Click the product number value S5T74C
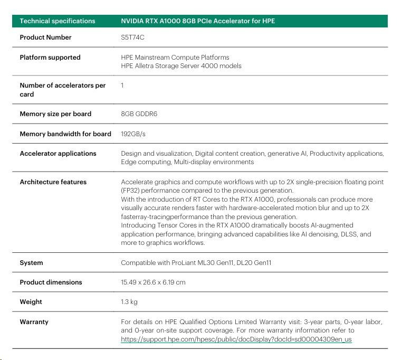click(x=133, y=37)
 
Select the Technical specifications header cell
click(x=58, y=21)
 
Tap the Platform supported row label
click(x=50, y=58)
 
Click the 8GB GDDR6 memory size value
click(x=139, y=114)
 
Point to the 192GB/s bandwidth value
click(x=133, y=134)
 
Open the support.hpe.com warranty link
click(x=236, y=339)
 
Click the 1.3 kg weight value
click(x=130, y=302)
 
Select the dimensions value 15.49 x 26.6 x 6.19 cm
click(x=153, y=282)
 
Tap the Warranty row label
click(x=34, y=321)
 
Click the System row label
click(x=31, y=263)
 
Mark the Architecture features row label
click(x=53, y=182)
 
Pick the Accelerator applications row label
click(x=58, y=154)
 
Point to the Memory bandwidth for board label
click(x=65, y=134)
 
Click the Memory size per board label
click(x=55, y=114)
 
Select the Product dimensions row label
click(x=51, y=282)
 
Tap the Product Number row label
click(x=45, y=37)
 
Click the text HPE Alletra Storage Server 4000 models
click(x=181, y=66)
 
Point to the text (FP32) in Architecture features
click(x=131, y=191)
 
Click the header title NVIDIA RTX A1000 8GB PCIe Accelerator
click(x=198, y=21)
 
